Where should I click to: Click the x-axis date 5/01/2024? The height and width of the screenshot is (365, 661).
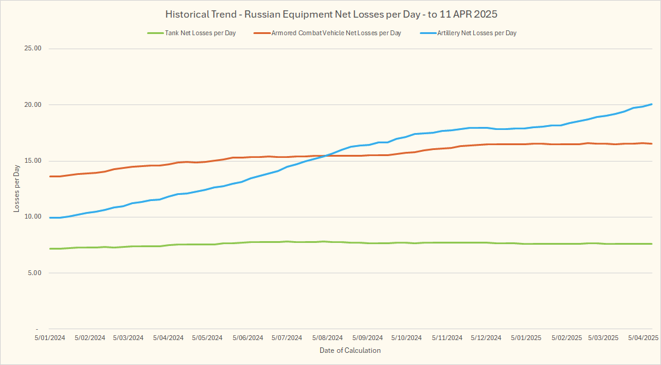click(49, 338)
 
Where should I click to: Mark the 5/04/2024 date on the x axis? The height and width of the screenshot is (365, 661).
click(168, 338)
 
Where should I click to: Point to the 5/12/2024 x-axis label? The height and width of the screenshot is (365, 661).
click(486, 338)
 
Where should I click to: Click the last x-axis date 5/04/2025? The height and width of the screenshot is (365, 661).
click(643, 338)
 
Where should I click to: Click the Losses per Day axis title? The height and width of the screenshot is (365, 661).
click(16, 189)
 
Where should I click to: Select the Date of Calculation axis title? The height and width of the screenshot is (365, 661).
click(350, 350)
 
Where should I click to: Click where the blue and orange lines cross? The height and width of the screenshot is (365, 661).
click(326, 155)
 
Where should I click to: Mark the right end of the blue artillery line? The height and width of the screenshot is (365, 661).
click(652, 104)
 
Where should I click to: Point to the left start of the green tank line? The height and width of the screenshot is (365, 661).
click(50, 248)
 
